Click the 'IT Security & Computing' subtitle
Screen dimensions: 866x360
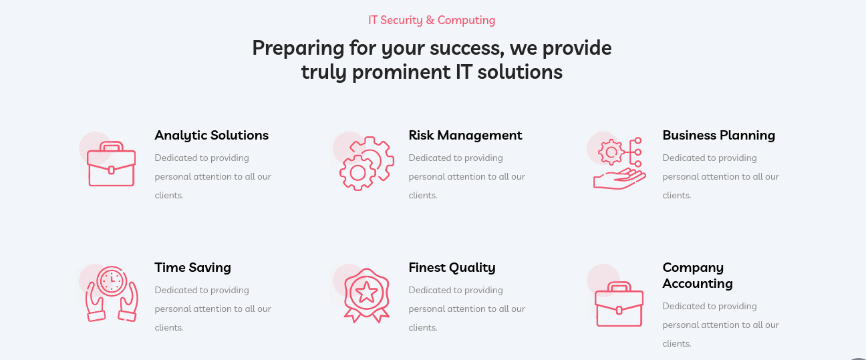pos(432,20)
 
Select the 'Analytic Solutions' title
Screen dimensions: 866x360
pos(211,136)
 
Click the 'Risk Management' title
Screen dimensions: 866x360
pos(465,135)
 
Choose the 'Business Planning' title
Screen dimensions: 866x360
pos(719,135)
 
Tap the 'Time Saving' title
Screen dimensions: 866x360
pos(192,267)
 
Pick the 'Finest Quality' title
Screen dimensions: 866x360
pos(452,267)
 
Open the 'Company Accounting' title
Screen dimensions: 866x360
pos(698,275)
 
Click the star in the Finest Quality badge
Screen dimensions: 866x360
pos(366,293)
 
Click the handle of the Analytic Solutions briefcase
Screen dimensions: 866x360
pos(112,146)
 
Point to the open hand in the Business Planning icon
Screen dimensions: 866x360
pos(619,179)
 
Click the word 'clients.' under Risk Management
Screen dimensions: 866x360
pos(423,196)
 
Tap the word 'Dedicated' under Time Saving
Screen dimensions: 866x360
pos(176,290)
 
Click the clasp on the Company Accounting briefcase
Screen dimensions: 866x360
pos(619,310)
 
